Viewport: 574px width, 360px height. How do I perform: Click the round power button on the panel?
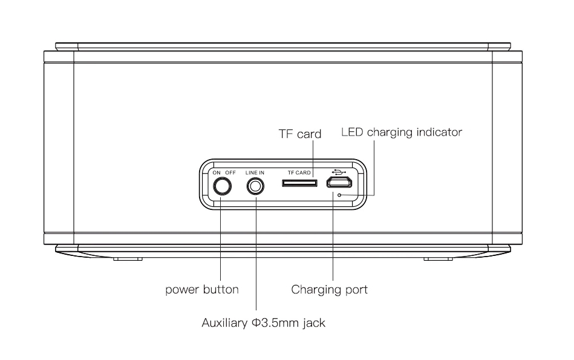tap(222, 186)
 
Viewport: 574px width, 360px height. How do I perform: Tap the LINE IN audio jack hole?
tap(255, 186)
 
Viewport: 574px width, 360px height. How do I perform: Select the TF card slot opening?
tap(299, 182)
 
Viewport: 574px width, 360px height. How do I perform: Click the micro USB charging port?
tap(339, 182)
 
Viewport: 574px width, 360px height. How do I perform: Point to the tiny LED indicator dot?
tap(339, 195)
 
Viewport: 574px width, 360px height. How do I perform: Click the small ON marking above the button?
tap(217, 172)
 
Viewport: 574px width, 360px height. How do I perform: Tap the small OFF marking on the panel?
tap(230, 172)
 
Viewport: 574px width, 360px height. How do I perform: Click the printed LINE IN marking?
tap(255, 172)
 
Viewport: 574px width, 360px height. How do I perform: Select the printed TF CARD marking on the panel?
tap(299, 172)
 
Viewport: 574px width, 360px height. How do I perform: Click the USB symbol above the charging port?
tap(339, 171)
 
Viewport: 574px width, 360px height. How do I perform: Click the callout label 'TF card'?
tap(300, 134)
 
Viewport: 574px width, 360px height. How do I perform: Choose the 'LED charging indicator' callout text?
tap(402, 133)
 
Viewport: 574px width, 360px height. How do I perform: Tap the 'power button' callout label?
tap(202, 290)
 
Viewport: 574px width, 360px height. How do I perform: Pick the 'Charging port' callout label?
tap(329, 290)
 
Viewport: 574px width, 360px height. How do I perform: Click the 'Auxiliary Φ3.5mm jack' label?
tap(264, 322)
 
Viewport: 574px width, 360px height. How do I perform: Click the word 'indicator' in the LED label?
tap(439, 132)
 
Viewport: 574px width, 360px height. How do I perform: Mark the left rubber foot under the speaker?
tap(128, 259)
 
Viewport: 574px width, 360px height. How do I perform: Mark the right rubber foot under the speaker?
tap(438, 259)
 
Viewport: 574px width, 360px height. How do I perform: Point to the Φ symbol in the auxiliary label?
tap(255, 322)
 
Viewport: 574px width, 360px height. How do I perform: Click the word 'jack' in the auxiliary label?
tap(314, 323)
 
